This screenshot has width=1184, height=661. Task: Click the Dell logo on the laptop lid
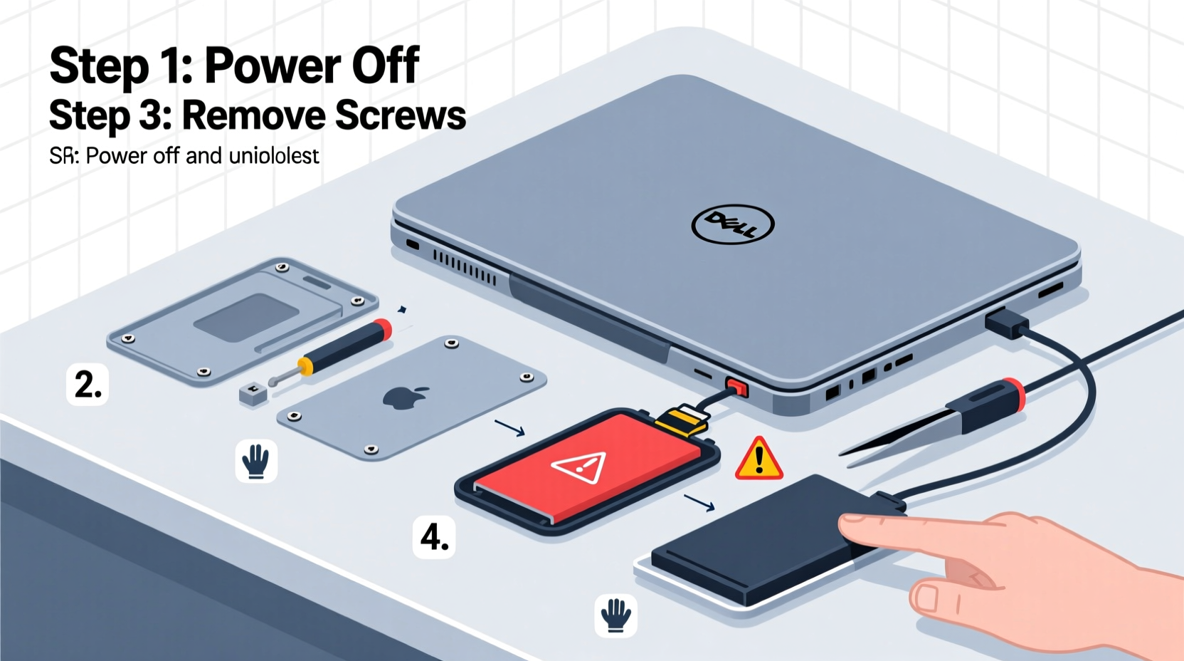click(x=732, y=224)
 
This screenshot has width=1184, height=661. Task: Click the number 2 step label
click(x=88, y=385)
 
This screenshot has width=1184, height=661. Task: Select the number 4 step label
click(x=434, y=536)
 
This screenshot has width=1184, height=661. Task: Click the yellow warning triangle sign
click(x=759, y=459)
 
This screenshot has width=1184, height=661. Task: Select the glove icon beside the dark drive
click(x=615, y=615)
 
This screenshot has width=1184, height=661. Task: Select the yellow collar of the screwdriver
click(x=305, y=366)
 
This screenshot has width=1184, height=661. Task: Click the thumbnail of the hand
click(x=926, y=597)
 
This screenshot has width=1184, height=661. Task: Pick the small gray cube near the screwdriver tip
click(x=253, y=393)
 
